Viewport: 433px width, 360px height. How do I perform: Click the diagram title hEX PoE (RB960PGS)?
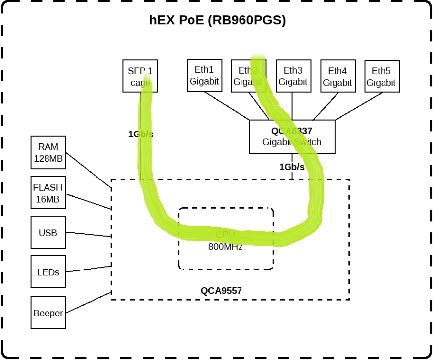click(217, 20)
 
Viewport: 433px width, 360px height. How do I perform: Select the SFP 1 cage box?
click(137, 76)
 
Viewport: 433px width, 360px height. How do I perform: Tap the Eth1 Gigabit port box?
click(204, 76)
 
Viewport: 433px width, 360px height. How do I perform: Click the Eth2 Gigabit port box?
click(248, 76)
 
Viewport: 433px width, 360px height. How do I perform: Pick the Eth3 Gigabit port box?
click(292, 76)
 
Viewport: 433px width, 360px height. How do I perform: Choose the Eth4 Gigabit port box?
click(337, 77)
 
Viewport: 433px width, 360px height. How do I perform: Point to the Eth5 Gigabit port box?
click(382, 77)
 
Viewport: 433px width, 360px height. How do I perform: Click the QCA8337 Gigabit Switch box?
click(292, 136)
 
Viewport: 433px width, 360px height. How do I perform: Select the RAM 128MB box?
click(48, 152)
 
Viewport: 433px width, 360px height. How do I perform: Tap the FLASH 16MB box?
click(48, 192)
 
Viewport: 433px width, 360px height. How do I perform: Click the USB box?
click(48, 232)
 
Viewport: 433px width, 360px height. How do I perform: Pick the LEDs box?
click(48, 271)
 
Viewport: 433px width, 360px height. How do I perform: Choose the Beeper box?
click(48, 313)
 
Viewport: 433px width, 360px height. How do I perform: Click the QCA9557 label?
click(221, 291)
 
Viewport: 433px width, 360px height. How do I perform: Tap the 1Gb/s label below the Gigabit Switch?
click(292, 167)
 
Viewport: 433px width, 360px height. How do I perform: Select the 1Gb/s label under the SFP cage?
click(141, 134)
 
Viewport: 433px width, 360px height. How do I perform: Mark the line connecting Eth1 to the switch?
click(227, 105)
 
